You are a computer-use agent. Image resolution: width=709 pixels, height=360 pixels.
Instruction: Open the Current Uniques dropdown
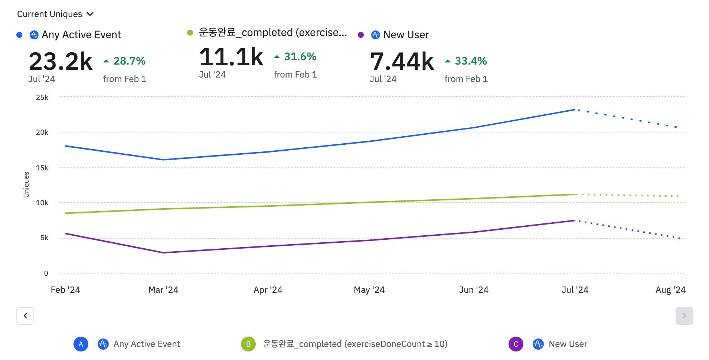coord(55,14)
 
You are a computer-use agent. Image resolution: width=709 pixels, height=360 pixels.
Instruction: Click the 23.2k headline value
coord(61,62)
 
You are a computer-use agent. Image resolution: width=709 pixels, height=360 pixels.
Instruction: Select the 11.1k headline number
coord(231,57)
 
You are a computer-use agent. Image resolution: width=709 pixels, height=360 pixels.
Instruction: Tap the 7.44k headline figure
coord(402,62)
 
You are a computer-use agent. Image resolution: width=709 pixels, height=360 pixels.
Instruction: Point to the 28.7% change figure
coord(129,61)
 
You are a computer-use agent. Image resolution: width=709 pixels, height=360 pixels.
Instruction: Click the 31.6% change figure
coord(300,56)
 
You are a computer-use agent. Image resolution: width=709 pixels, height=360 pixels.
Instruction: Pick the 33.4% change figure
coord(470,61)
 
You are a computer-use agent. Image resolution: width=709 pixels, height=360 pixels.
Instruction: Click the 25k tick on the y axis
coord(42,97)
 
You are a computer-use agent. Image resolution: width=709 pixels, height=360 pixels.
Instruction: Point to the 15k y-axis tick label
coord(42,168)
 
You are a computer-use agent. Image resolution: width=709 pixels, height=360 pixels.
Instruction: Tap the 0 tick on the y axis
coord(46,273)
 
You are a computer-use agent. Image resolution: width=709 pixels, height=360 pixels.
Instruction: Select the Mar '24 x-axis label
coord(163,290)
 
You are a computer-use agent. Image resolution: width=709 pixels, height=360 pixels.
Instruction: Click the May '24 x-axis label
coord(369,290)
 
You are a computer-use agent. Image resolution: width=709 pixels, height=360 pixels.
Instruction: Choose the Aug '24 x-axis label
coord(670,290)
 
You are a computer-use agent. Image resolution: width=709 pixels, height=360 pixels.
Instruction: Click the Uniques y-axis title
coord(26,184)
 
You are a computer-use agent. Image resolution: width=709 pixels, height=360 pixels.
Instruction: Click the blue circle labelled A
coord(81,344)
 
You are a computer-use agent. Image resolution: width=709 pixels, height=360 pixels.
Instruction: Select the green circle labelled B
coord(248,344)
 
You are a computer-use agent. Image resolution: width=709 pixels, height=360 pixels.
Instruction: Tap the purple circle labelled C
coord(516,344)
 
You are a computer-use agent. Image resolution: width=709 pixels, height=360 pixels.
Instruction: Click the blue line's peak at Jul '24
coord(575,109)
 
